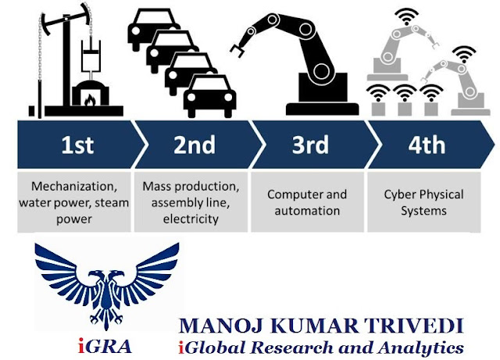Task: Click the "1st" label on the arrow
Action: click(x=77, y=145)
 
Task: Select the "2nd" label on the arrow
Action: click(x=195, y=145)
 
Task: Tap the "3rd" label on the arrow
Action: click(x=310, y=145)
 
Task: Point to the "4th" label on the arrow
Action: click(x=427, y=145)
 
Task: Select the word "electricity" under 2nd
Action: click(x=191, y=219)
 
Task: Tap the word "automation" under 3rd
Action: click(x=307, y=211)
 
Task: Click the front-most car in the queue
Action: click(x=209, y=96)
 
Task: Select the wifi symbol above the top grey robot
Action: click(x=406, y=16)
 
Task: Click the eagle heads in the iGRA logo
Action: click(x=106, y=276)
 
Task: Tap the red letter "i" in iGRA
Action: click(x=81, y=346)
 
